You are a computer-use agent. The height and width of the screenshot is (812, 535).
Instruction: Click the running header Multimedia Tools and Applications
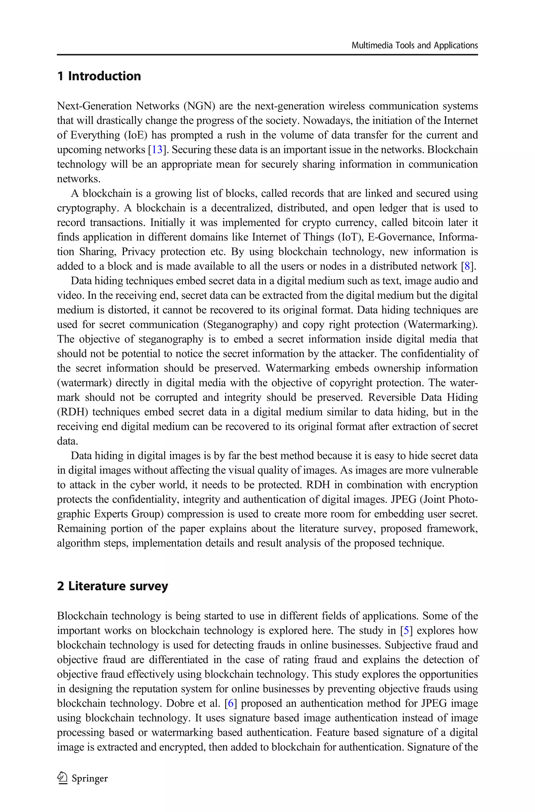click(x=414, y=46)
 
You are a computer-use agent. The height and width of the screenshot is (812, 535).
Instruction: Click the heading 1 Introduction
click(x=99, y=76)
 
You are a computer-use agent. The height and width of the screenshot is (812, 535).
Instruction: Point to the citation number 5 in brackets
click(x=406, y=630)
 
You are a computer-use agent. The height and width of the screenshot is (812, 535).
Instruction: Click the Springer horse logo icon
click(x=62, y=778)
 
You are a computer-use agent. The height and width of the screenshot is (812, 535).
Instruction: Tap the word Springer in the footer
click(x=90, y=779)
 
